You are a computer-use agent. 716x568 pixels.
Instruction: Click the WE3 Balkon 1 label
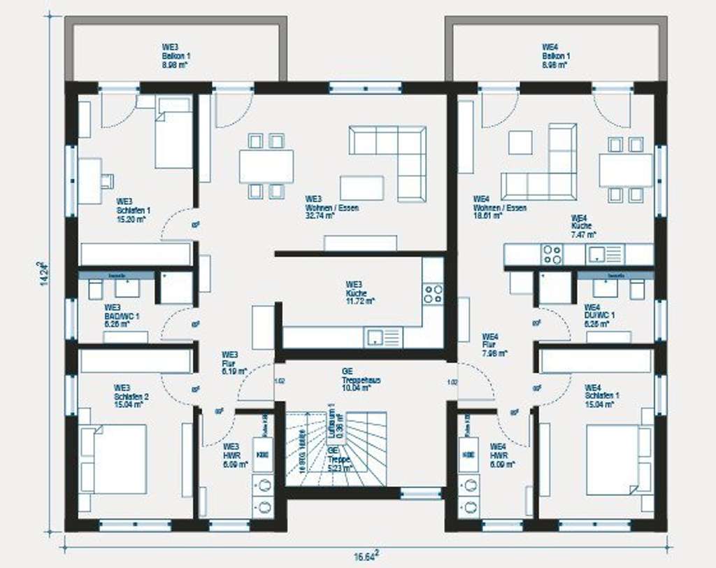pos(176,56)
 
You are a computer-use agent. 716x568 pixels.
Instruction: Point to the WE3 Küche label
pos(359,292)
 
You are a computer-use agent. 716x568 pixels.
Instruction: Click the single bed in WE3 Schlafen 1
pos(173,133)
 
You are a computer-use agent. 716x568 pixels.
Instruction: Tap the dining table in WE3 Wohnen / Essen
pos(266,166)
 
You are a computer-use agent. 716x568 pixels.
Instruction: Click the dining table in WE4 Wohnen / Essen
pos(625,169)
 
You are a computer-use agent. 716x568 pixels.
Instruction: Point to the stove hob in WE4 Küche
pos(552,255)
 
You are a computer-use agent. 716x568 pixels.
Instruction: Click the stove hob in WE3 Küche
pos(433,294)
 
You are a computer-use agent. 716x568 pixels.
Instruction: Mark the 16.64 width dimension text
pos(367,556)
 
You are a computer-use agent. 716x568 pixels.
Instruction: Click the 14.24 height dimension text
pos(43,274)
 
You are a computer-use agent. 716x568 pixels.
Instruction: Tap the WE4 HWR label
pos(500,454)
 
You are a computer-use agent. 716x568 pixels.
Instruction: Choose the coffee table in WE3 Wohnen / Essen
pos(361,188)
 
